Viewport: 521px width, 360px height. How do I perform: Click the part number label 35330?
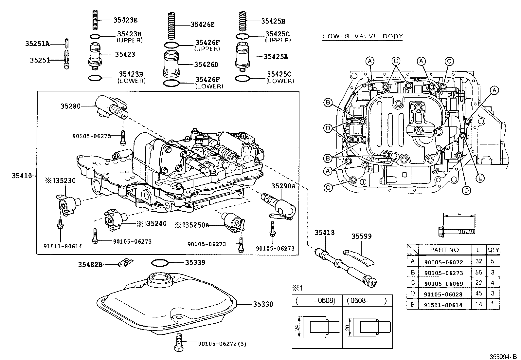[x=263, y=305]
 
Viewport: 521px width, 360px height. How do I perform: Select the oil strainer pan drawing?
[x=167, y=305]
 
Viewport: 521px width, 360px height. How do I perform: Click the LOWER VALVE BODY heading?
[x=363, y=36]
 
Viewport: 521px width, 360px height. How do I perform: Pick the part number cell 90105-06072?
[x=443, y=262]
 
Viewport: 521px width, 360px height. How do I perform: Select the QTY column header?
[x=493, y=250]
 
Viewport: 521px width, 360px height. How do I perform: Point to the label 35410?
[x=22, y=176]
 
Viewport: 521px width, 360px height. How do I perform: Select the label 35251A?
[x=37, y=43]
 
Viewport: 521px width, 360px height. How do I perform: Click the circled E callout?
[x=480, y=178]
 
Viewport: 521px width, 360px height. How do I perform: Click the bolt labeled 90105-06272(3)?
[x=179, y=343]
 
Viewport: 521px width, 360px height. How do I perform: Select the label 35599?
[x=362, y=237]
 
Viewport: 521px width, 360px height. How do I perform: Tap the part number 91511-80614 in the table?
[x=443, y=305]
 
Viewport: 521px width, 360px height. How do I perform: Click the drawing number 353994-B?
[x=503, y=356]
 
